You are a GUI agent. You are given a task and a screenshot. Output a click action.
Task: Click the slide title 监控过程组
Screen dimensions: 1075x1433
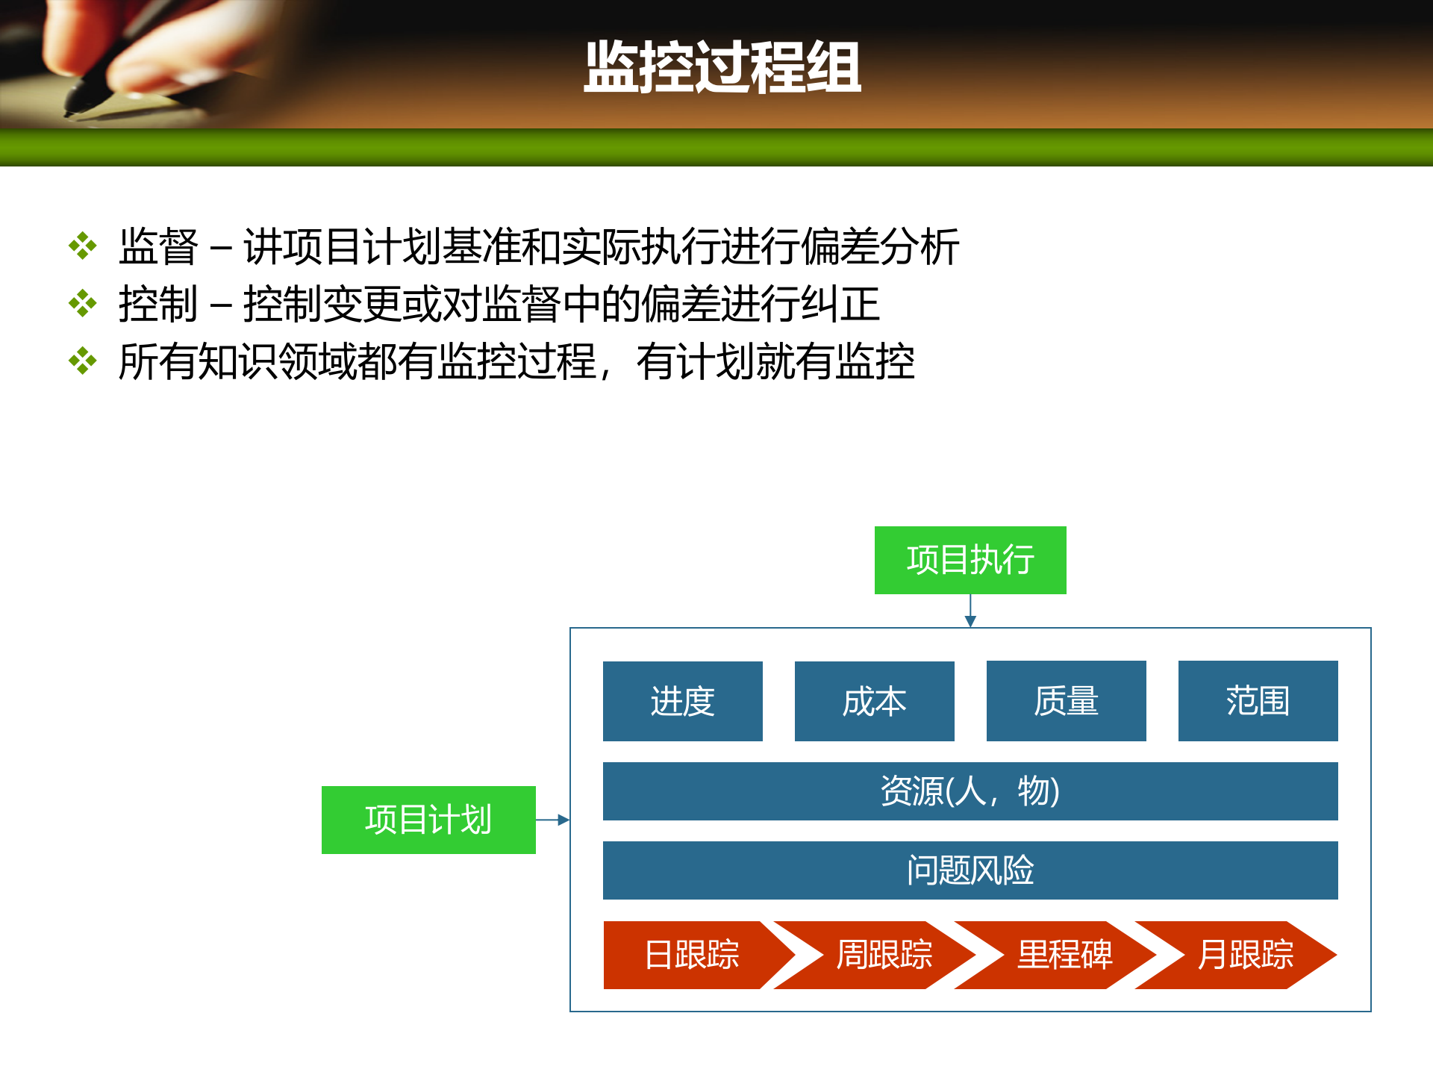point(722,68)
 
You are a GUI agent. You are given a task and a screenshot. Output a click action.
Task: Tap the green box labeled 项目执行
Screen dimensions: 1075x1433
point(970,560)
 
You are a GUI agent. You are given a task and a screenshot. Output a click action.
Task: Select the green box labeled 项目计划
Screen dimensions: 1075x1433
point(428,820)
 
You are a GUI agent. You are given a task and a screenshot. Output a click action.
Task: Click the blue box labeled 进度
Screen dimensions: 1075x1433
point(682,701)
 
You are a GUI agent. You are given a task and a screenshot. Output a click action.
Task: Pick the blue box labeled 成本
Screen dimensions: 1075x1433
point(874,701)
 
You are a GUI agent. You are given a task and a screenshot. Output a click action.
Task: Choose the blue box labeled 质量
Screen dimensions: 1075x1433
point(1066,701)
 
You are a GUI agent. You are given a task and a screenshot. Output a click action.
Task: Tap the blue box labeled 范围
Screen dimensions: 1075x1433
point(1258,701)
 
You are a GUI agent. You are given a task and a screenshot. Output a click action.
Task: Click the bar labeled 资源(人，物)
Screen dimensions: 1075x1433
point(970,791)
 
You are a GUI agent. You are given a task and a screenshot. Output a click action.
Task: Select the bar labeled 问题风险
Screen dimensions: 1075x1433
point(970,870)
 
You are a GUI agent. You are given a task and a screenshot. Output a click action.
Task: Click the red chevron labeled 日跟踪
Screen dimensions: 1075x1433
point(691,955)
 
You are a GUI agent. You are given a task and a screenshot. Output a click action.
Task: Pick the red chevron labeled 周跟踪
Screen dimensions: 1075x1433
point(884,955)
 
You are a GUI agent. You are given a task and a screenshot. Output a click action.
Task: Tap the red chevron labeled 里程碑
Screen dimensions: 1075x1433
point(1064,955)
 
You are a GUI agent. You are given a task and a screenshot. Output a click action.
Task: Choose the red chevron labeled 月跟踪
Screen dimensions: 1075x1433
point(1245,955)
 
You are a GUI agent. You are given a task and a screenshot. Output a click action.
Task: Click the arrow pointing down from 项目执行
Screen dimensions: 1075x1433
point(970,611)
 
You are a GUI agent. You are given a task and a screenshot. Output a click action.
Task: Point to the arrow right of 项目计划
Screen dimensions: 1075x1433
point(553,820)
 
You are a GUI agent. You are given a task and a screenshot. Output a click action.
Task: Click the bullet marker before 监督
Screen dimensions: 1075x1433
point(83,246)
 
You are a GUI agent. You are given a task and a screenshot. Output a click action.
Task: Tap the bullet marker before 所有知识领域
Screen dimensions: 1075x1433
point(83,361)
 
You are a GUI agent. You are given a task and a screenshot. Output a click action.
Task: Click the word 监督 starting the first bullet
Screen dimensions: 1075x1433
point(158,246)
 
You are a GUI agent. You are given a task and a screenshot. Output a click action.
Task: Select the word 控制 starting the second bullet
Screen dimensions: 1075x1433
point(158,304)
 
